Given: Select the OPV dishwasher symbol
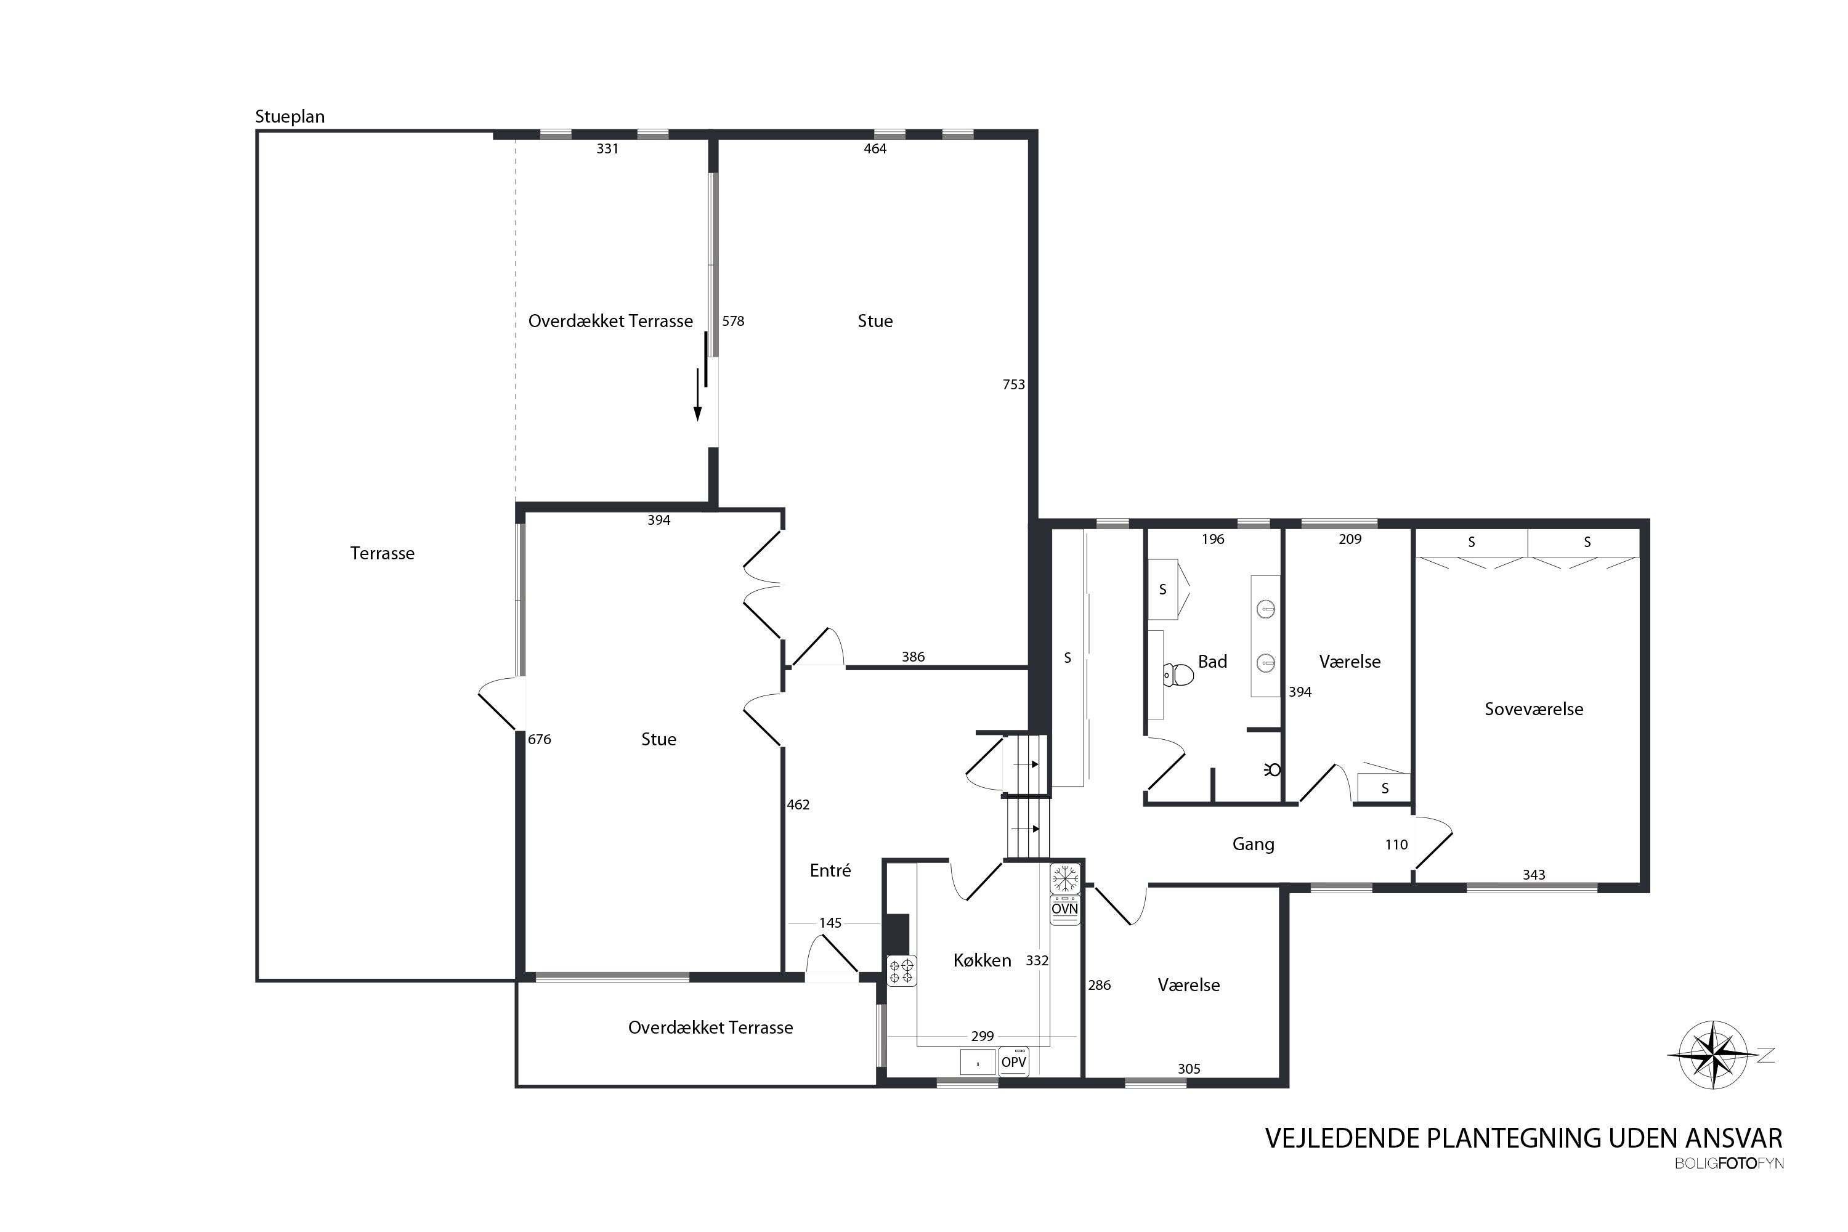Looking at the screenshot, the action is [x=1013, y=1061].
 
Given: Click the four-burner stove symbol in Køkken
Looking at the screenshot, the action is [x=901, y=970].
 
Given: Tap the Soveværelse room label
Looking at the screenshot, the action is [x=1534, y=709].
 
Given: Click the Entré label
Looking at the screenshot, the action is [x=830, y=870].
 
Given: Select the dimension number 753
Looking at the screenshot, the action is [x=1013, y=384].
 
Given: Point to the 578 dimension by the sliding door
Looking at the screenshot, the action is [x=733, y=320].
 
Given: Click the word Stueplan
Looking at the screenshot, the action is [x=290, y=117].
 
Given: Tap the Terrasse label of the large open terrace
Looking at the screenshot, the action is [x=383, y=553].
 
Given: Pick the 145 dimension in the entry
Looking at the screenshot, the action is [x=830, y=923].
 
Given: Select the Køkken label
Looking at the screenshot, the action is [x=982, y=960].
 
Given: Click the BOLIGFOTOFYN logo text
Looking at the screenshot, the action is [x=1729, y=1164].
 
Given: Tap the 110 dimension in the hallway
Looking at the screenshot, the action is [x=1396, y=845].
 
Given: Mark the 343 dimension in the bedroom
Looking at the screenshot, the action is [x=1534, y=875].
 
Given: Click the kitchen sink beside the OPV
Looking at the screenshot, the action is [x=978, y=1062].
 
